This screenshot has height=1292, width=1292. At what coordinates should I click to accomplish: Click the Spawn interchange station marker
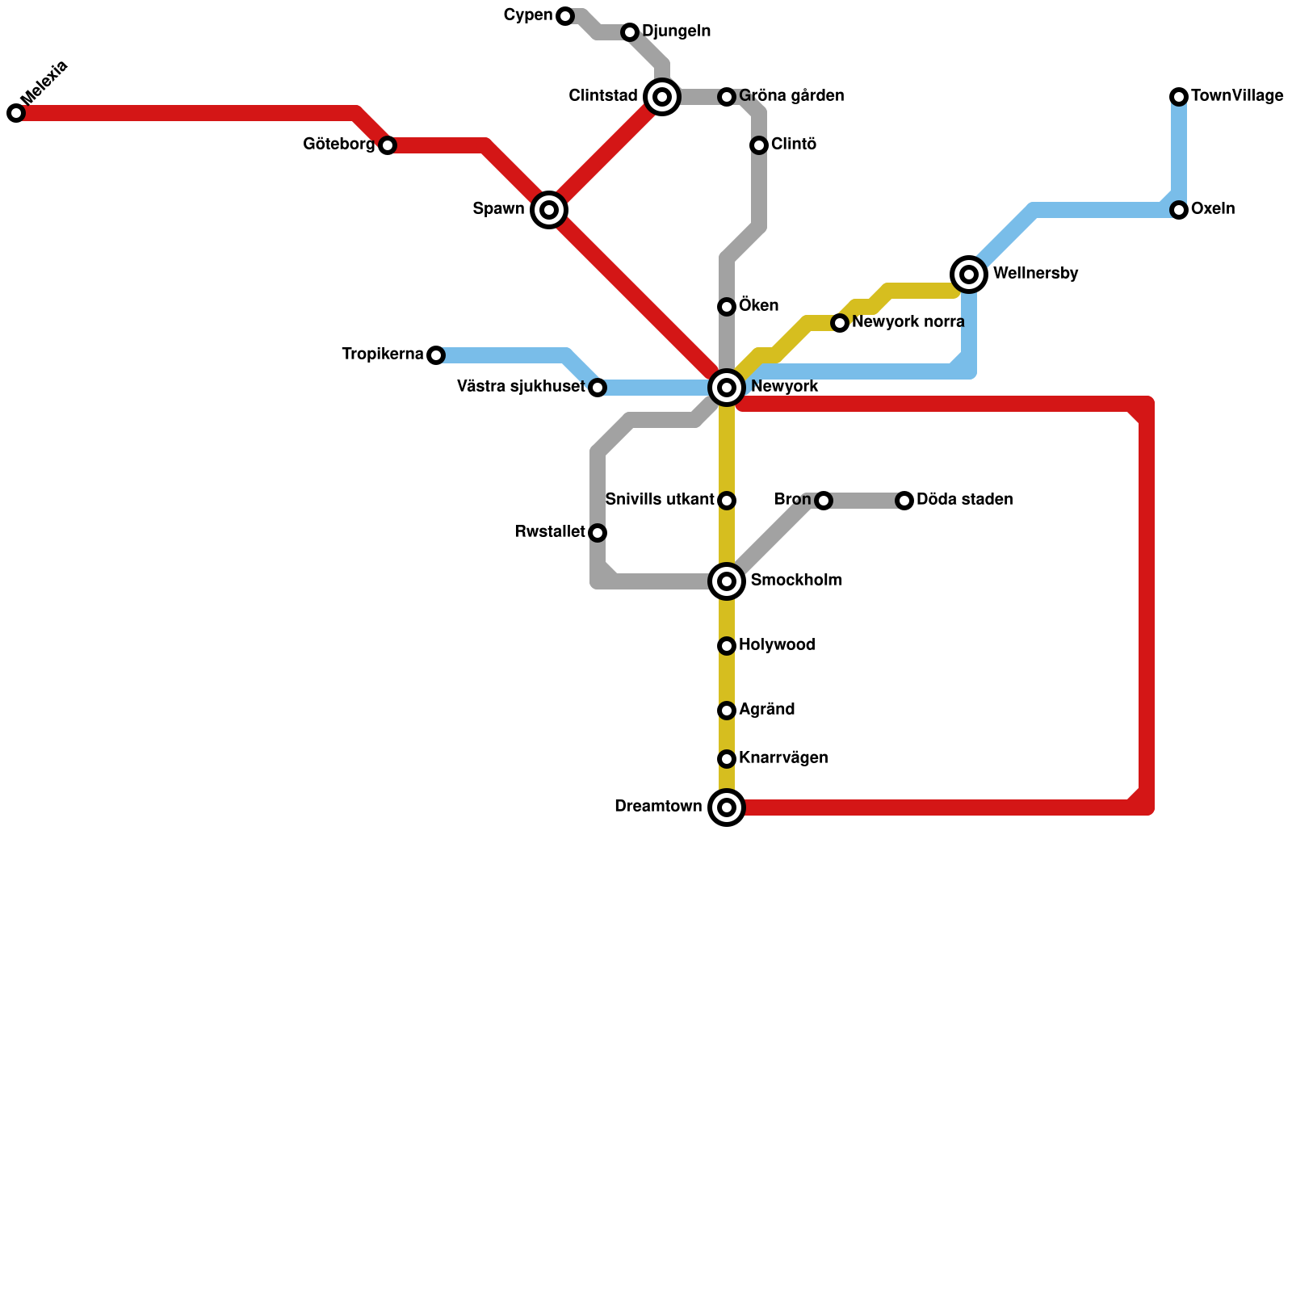coord(549,210)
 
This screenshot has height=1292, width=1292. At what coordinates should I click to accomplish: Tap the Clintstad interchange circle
coord(662,97)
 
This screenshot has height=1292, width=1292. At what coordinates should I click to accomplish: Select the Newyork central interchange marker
coord(727,388)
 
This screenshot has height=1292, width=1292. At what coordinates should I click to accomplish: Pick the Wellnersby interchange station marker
coord(969,275)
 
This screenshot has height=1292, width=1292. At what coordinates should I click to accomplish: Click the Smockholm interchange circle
coord(727,581)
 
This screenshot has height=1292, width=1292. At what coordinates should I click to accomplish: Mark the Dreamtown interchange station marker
coord(727,807)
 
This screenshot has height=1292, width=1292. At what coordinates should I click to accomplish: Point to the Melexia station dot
coord(16,113)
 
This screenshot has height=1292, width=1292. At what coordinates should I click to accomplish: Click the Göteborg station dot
coord(388,145)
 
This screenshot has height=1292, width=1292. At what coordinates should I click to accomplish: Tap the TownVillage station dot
coord(1179,97)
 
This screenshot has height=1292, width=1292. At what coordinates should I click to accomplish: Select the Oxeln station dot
coord(1179,210)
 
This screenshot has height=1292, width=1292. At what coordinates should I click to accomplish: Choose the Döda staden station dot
coord(904,501)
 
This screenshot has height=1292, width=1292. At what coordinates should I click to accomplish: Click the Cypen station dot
coord(565,16)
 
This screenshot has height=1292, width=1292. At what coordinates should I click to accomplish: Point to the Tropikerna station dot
coord(436,355)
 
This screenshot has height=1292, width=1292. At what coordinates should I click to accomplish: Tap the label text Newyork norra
coord(908,322)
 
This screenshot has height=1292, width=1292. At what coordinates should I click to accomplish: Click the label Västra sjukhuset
coord(521,387)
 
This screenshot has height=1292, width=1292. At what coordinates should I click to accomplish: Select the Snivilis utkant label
coord(659,500)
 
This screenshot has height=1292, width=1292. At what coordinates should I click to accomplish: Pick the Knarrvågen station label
coord(783,758)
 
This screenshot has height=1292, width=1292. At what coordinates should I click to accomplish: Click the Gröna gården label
coord(791,96)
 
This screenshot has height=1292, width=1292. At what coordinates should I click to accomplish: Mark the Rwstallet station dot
coord(598,533)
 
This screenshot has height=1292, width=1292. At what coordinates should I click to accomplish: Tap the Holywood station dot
coord(727,646)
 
